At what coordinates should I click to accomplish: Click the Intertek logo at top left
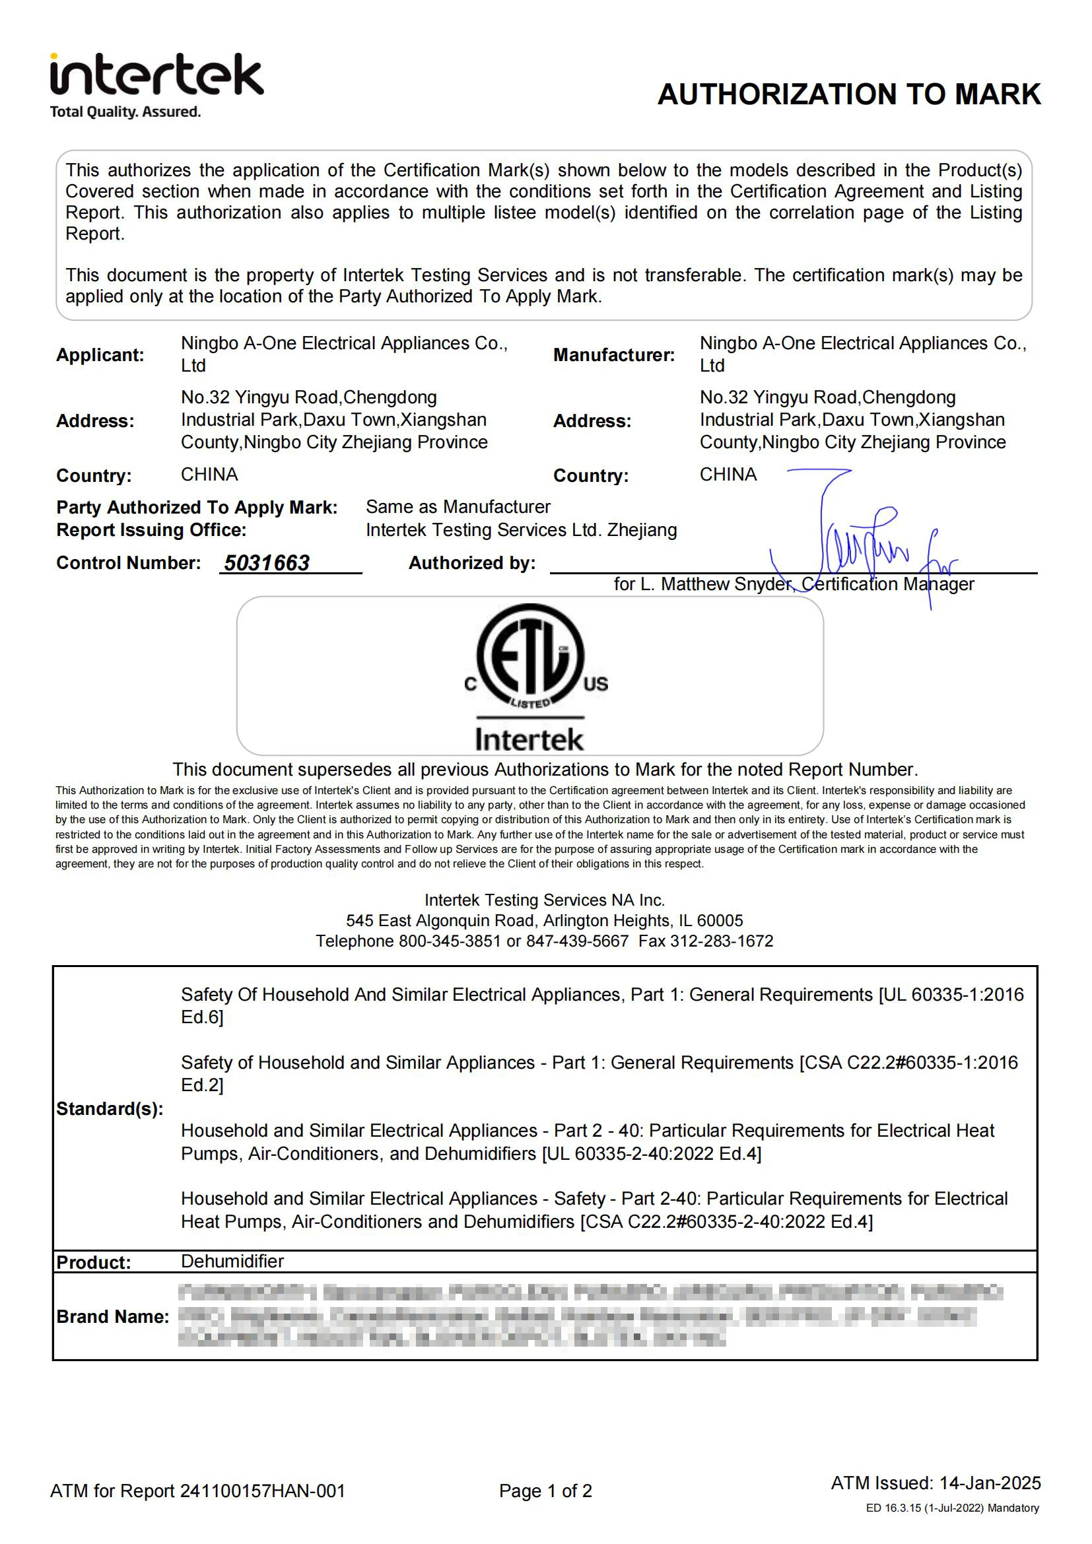click(x=156, y=75)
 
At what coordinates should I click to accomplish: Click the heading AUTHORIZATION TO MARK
click(x=848, y=94)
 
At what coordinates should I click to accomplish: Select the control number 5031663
click(x=266, y=563)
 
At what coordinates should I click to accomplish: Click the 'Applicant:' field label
click(x=100, y=355)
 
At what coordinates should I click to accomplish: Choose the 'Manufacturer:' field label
click(x=613, y=355)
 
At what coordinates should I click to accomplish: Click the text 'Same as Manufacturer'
click(x=458, y=507)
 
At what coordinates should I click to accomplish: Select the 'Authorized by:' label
click(x=472, y=563)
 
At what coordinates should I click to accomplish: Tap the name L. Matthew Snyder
click(x=715, y=584)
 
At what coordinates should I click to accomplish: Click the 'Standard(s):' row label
click(x=110, y=1109)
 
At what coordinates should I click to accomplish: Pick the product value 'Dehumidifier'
click(x=232, y=1261)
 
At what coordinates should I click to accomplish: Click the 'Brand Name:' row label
click(x=112, y=1317)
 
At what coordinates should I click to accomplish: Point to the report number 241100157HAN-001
click(x=262, y=1492)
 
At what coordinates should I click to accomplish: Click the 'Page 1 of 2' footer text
click(x=545, y=1492)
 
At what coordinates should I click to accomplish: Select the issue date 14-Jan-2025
click(x=990, y=1483)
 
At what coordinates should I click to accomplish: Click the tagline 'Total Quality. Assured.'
click(x=125, y=112)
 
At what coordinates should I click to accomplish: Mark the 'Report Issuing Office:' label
click(x=151, y=530)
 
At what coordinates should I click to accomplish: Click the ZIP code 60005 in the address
click(x=720, y=921)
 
